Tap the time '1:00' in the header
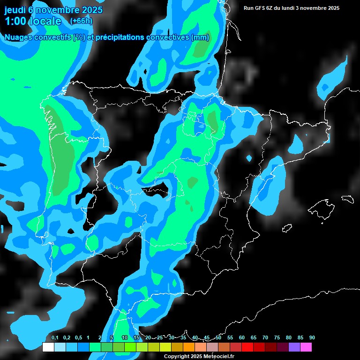15,21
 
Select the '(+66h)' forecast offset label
81,21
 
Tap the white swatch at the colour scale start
48,347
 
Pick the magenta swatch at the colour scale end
306,347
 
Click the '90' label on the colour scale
312,337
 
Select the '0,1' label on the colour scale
54,337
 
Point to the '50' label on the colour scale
218,337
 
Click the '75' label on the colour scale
277,337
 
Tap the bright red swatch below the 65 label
247,347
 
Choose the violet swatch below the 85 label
294,347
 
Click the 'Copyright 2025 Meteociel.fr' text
198,356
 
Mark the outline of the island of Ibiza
287,228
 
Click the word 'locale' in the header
45,21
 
